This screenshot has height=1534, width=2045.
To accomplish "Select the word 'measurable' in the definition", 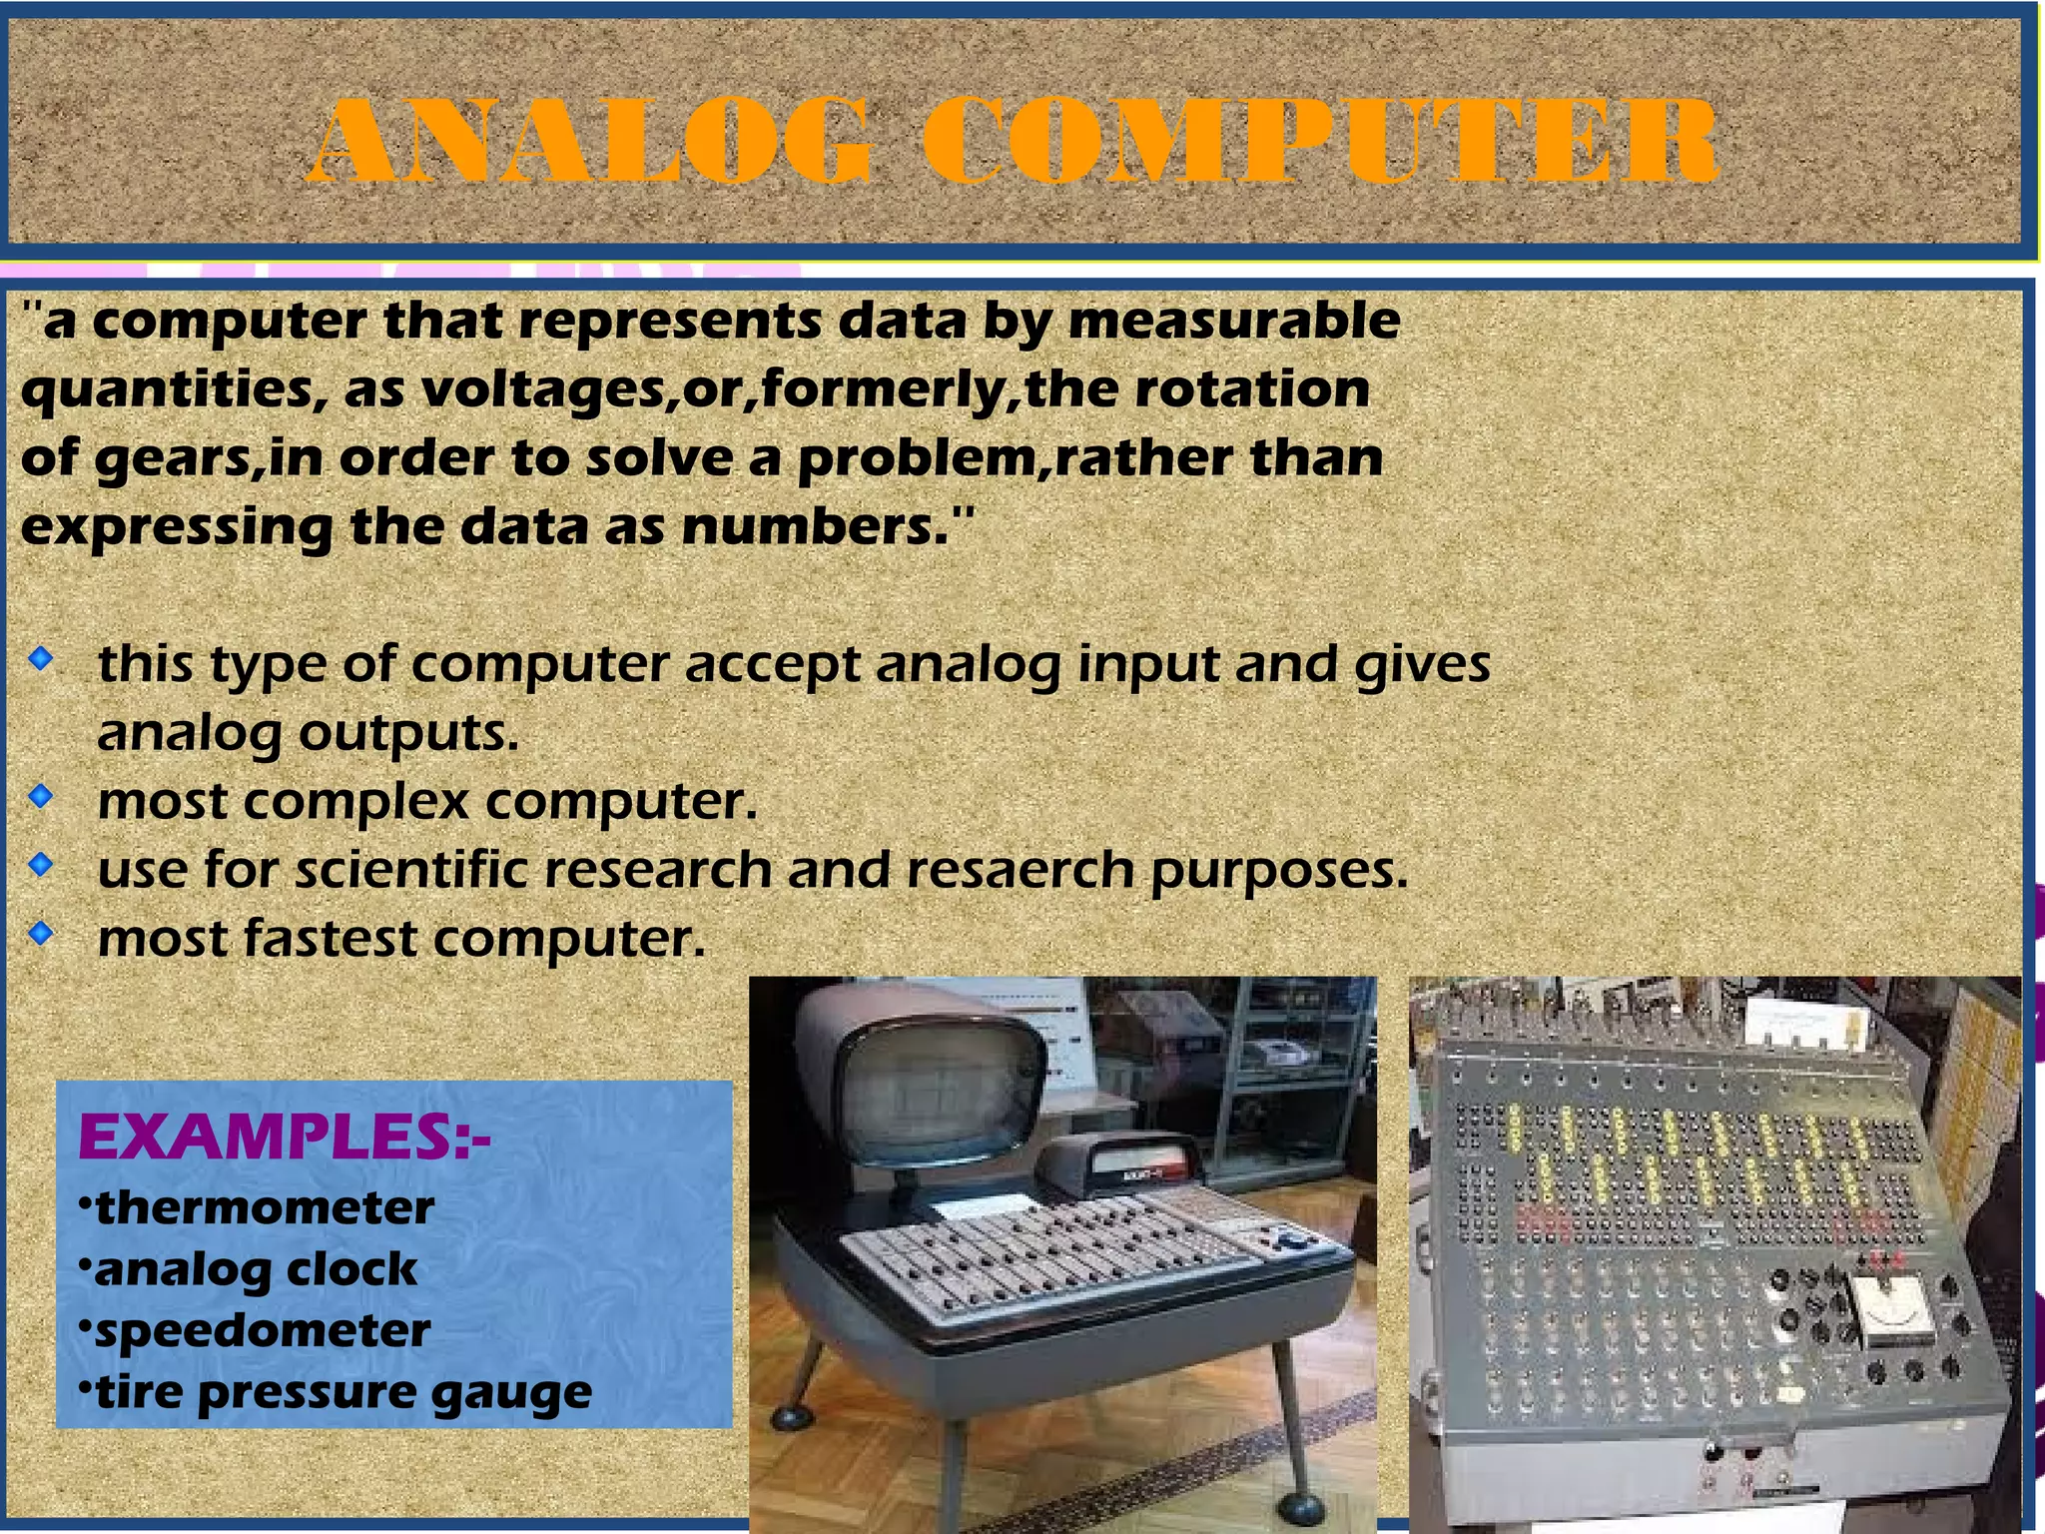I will [1234, 322].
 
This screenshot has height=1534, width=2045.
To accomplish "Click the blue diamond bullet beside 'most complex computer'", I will [40, 797].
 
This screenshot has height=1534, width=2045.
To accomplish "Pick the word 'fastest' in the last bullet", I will [331, 939].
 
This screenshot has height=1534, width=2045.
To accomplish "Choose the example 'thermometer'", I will [264, 1208].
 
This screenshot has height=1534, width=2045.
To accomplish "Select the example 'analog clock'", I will [256, 1270].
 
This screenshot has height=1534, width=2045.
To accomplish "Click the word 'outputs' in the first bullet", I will [408, 734].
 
